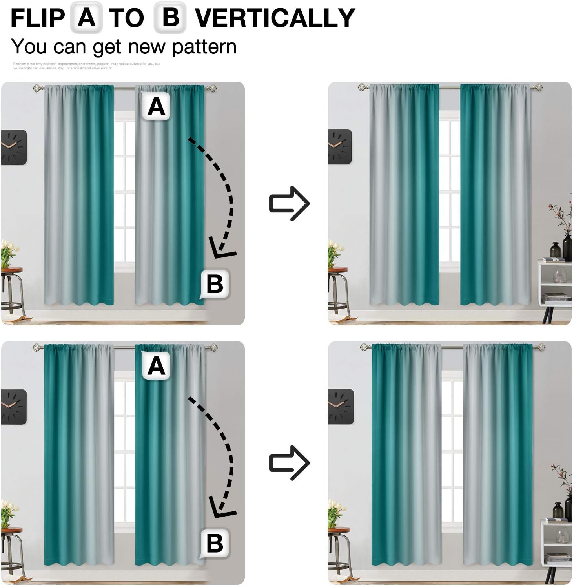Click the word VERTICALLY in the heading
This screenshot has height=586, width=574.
(275, 18)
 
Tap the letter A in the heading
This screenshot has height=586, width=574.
(86, 18)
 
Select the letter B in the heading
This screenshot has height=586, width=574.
(170, 18)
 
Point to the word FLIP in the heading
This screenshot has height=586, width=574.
(38, 18)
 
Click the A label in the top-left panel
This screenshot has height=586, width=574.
(156, 107)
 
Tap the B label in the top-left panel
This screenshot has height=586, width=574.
(215, 284)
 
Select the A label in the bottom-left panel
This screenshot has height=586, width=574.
(156, 366)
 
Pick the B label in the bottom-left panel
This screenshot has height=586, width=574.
(215, 543)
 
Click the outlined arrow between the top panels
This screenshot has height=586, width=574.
(290, 203)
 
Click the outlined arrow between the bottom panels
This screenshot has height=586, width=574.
(290, 463)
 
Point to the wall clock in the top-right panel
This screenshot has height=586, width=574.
(339, 146)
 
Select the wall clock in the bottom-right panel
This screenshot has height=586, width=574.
(341, 406)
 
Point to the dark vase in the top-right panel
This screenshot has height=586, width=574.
(567, 247)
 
